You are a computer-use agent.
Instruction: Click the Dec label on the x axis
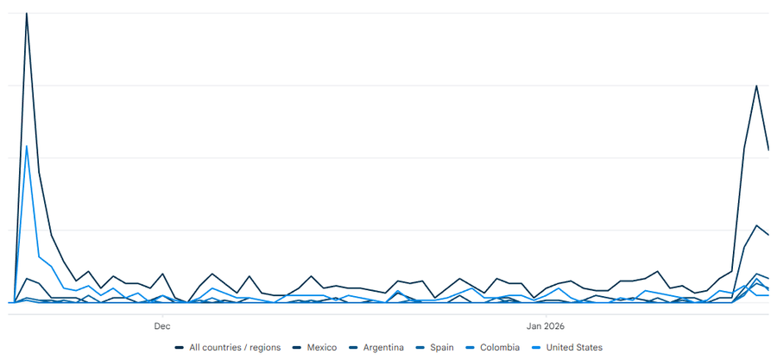(x=161, y=326)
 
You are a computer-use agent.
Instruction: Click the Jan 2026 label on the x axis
(x=546, y=326)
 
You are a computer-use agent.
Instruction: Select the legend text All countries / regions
(x=235, y=348)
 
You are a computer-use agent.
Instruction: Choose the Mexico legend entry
(x=322, y=348)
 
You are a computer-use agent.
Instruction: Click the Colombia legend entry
(x=501, y=348)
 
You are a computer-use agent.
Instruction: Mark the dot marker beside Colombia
(x=474, y=348)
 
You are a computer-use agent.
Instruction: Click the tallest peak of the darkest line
(x=27, y=14)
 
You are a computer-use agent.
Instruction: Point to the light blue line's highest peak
(x=27, y=146)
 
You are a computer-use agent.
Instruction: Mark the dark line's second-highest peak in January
(x=757, y=86)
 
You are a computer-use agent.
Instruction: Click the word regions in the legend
(x=264, y=348)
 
